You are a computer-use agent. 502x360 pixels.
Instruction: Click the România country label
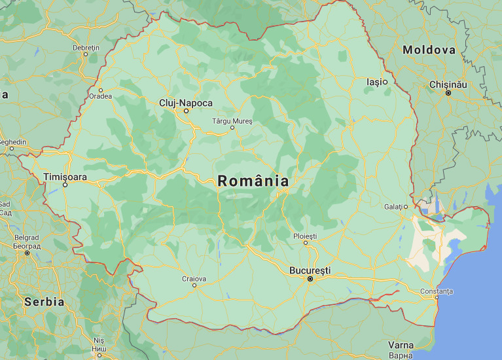click(253, 181)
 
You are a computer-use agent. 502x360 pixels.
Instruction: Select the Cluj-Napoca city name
click(186, 103)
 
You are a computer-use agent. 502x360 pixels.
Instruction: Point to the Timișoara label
click(65, 177)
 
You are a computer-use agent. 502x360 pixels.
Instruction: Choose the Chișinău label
click(448, 85)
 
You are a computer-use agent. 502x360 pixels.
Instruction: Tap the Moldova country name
click(429, 50)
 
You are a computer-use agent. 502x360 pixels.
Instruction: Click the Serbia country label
click(44, 302)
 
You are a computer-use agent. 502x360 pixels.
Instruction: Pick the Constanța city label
click(437, 291)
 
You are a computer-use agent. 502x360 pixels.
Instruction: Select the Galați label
click(393, 207)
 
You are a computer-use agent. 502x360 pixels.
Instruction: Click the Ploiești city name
click(305, 236)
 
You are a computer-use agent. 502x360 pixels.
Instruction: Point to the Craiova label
click(194, 279)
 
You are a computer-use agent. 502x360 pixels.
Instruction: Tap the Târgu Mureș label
click(232, 121)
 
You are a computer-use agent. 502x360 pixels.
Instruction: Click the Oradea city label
click(101, 96)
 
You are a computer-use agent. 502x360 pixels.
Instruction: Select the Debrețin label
click(86, 48)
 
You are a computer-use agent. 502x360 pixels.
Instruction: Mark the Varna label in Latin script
click(401, 345)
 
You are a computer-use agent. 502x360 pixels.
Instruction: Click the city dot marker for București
click(310, 279)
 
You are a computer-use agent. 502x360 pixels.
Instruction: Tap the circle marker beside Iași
click(385, 82)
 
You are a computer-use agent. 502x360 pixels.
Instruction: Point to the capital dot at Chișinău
click(448, 94)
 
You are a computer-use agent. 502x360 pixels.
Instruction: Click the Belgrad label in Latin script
click(27, 238)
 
